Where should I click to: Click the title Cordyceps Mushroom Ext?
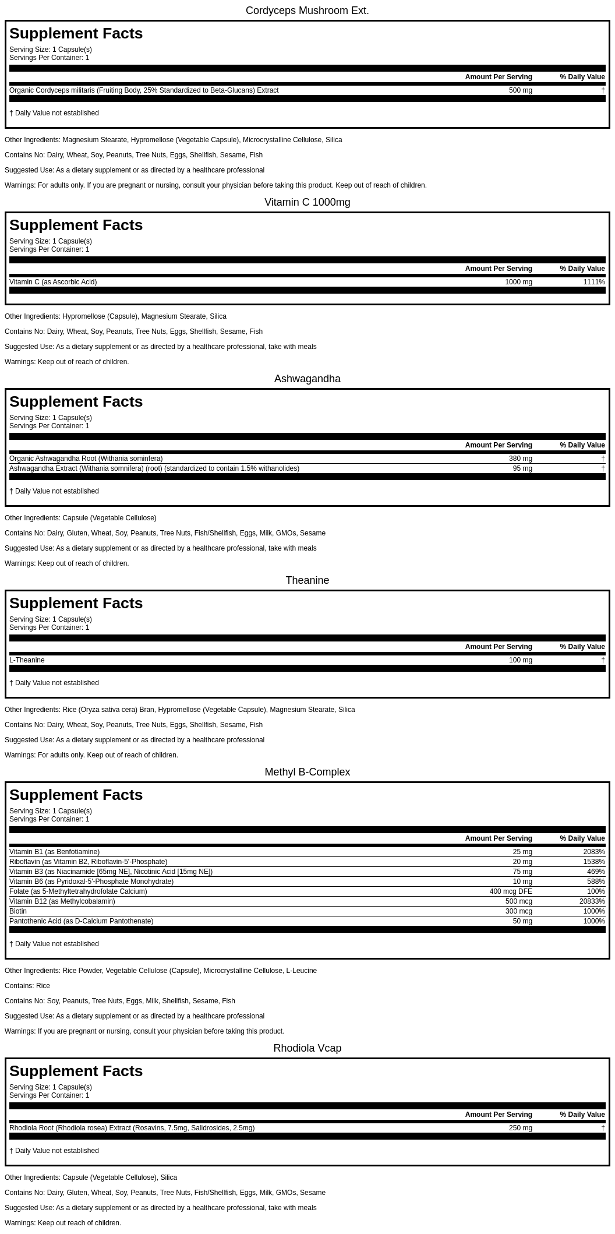(x=307, y=10)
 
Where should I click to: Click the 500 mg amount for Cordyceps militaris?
(x=520, y=90)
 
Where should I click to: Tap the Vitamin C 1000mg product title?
(x=307, y=202)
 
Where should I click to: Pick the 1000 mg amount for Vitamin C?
(x=518, y=282)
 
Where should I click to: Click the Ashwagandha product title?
(x=307, y=379)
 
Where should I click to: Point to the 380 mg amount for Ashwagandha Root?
(x=520, y=459)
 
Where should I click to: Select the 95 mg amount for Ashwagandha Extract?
(x=522, y=468)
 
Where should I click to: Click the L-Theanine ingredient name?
(x=27, y=660)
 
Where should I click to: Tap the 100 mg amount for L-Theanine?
(x=520, y=660)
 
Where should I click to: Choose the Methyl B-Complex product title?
(x=307, y=772)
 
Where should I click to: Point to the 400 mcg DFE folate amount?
(x=511, y=891)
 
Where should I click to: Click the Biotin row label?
(x=18, y=911)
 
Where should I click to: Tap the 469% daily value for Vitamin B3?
(x=596, y=872)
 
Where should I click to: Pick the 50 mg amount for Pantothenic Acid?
(x=522, y=921)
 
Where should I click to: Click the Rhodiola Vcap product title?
(x=307, y=1048)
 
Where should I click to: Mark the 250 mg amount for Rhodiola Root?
(x=520, y=1128)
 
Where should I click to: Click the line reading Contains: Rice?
(x=27, y=986)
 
